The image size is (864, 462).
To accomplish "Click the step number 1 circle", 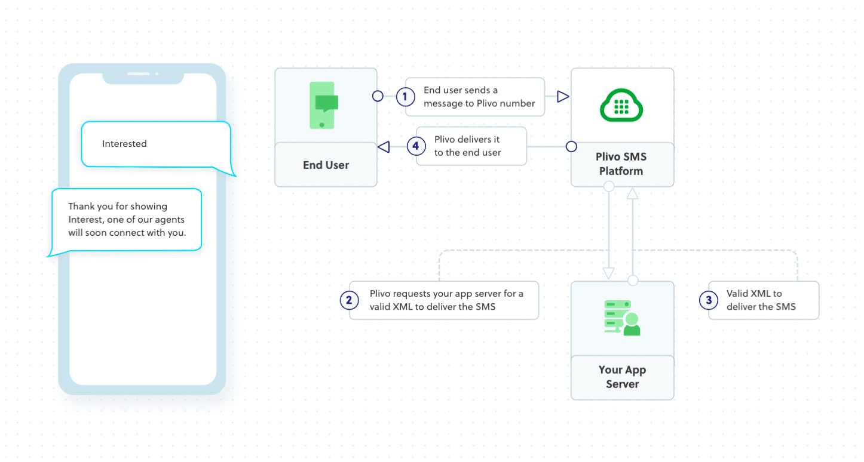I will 405,96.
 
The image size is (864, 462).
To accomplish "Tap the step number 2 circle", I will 349,300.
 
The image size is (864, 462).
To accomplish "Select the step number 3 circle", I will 709,300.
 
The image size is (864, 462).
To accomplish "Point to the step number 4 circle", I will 416,146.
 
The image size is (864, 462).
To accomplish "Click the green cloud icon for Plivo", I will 621,106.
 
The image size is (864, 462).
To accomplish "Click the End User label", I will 326,165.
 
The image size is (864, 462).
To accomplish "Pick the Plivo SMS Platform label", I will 622,164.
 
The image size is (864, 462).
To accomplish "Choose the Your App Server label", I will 622,377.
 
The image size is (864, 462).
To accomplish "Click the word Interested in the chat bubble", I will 124,144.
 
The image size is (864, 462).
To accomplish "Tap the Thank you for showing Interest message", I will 127,220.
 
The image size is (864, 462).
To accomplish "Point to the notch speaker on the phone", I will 139,74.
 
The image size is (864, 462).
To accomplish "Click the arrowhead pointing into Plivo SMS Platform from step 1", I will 562,96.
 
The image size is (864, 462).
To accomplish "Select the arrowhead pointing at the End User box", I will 384,146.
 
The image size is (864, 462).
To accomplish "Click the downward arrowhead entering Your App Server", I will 609,273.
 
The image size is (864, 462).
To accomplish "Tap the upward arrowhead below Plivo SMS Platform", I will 633,193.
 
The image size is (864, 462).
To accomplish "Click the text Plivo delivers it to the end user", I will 467,146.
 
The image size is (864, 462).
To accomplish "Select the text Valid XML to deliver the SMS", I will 761,300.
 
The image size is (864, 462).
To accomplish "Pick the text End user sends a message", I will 479,96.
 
